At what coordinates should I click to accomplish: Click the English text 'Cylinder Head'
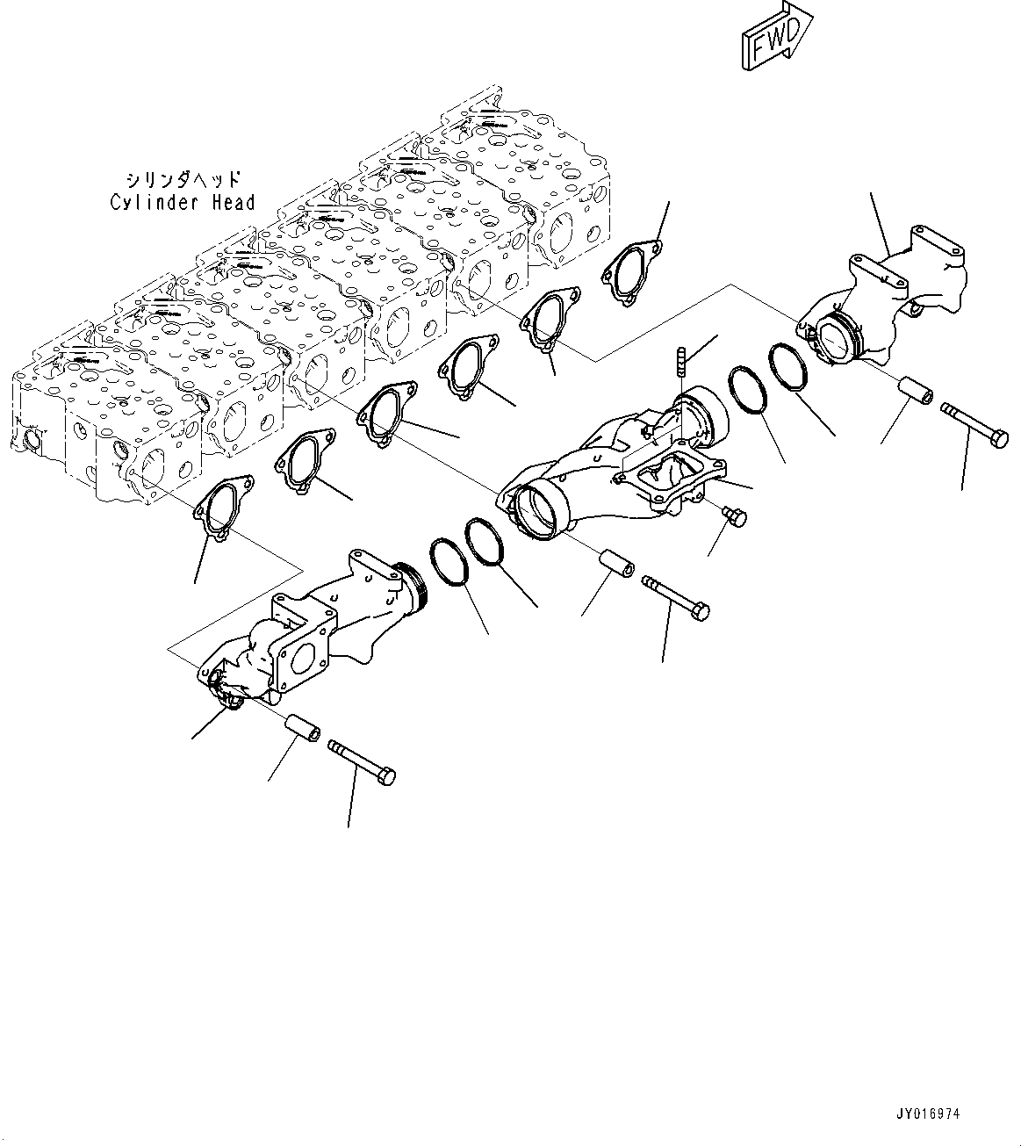183,203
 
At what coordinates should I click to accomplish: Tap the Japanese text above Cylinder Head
183,179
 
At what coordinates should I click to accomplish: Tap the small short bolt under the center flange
734,515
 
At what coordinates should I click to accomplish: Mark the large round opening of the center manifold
537,514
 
